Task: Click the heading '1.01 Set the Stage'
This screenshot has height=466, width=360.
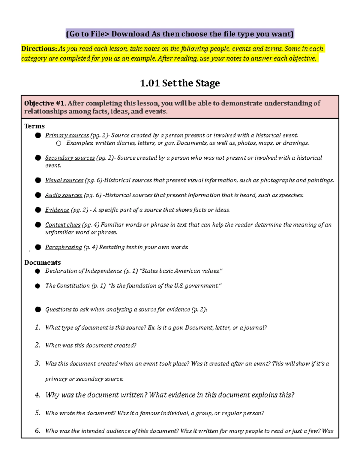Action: coord(180,83)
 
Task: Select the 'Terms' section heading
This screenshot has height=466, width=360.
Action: coord(34,126)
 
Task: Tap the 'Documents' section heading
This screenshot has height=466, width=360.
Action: coord(42,263)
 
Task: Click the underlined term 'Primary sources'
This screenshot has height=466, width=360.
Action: coord(67,135)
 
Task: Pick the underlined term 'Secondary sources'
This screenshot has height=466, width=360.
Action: coord(70,158)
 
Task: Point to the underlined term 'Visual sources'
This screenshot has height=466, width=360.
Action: coord(64,180)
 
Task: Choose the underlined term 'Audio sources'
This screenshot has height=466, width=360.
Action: coord(64,195)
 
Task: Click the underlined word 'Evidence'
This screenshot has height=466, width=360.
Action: coord(57,210)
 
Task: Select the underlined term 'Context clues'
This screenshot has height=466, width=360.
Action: coord(63,225)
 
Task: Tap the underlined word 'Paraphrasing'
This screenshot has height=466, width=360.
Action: coord(63,247)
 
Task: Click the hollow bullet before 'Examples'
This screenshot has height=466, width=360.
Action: coord(58,143)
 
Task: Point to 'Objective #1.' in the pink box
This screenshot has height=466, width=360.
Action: coord(45,103)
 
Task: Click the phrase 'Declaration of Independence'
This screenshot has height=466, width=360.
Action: coord(83,271)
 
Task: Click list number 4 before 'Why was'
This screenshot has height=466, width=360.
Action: coord(37,395)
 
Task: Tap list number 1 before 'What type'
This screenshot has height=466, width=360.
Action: coord(37,327)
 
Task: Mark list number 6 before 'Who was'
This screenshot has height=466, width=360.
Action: coord(37,431)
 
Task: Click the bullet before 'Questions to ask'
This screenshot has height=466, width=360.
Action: coord(38,309)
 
